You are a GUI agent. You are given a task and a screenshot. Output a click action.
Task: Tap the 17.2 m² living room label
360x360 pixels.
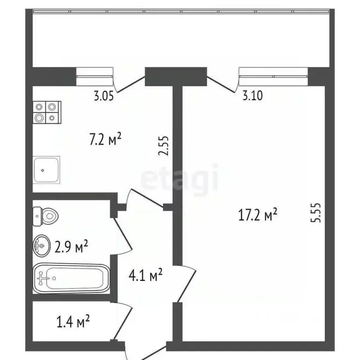258,216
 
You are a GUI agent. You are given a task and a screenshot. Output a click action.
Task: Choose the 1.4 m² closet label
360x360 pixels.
73,322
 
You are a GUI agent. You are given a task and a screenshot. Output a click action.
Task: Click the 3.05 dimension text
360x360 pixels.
104,97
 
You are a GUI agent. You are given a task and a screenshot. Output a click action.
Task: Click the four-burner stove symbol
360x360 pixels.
47,112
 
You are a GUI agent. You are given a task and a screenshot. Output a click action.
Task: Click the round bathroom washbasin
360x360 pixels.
42,245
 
